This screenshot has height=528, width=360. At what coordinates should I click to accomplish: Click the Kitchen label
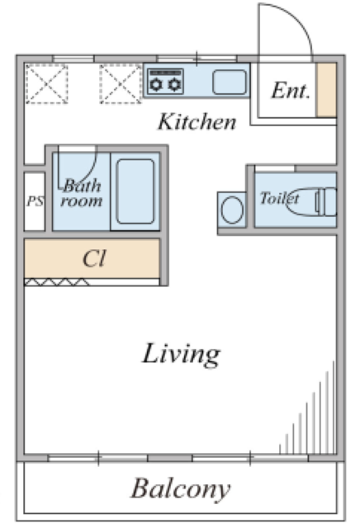click(x=197, y=121)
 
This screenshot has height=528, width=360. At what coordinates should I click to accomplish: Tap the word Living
click(x=182, y=354)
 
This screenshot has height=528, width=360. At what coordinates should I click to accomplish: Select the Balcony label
click(x=181, y=488)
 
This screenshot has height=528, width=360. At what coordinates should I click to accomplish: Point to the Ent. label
click(x=291, y=91)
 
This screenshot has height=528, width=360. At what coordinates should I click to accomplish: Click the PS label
click(x=35, y=201)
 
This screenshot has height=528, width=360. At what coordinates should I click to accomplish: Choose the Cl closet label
click(x=94, y=258)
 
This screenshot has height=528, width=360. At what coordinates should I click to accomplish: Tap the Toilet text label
click(x=279, y=198)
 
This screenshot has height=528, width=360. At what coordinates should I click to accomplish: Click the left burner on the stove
click(x=156, y=84)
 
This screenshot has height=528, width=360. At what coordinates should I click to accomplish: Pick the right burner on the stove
click(x=174, y=84)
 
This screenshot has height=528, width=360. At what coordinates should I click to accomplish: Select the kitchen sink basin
click(x=230, y=82)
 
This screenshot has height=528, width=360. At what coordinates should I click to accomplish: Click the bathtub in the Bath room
click(x=135, y=191)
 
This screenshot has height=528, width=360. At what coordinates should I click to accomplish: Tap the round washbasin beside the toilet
click(x=232, y=210)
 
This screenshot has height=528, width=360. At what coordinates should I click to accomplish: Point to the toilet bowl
click(x=301, y=201)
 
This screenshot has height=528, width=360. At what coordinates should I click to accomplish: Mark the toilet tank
click(x=326, y=201)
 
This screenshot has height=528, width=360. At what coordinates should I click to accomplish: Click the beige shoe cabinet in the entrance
click(x=326, y=90)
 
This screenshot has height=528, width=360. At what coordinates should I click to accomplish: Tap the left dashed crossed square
click(x=47, y=84)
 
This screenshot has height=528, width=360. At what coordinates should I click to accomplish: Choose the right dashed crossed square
click(x=121, y=84)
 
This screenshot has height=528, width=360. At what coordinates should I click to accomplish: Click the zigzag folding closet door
click(x=57, y=282)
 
